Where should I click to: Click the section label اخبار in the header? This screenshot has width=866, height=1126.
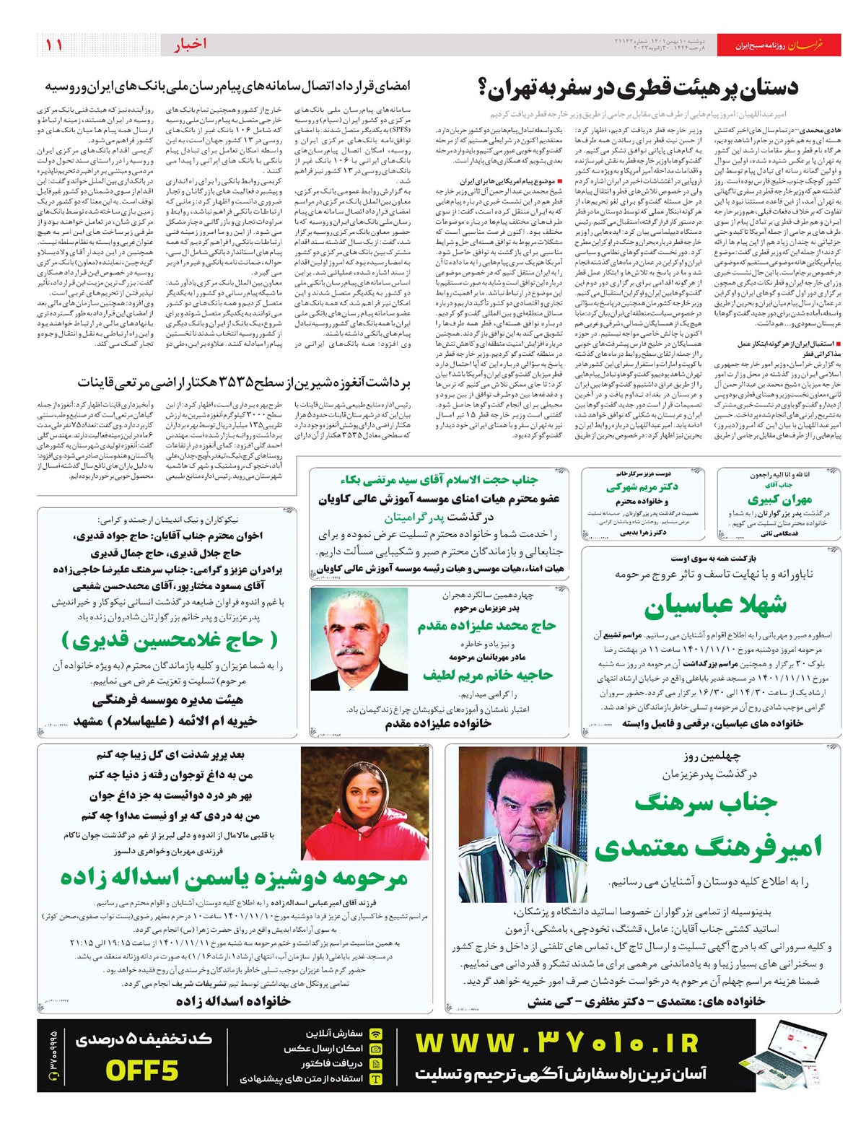click(190, 45)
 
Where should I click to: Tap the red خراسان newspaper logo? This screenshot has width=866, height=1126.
click(804, 45)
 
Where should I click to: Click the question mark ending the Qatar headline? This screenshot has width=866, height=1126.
click(484, 89)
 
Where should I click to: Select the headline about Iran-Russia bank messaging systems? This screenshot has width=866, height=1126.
click(227, 87)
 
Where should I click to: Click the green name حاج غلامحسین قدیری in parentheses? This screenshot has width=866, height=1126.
click(170, 640)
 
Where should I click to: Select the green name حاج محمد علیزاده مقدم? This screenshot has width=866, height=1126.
click(486, 626)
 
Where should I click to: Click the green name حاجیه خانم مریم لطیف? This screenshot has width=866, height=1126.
click(488, 675)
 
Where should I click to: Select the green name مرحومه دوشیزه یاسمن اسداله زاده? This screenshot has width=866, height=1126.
click(234, 877)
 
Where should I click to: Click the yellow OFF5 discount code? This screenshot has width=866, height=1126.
click(141, 1070)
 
